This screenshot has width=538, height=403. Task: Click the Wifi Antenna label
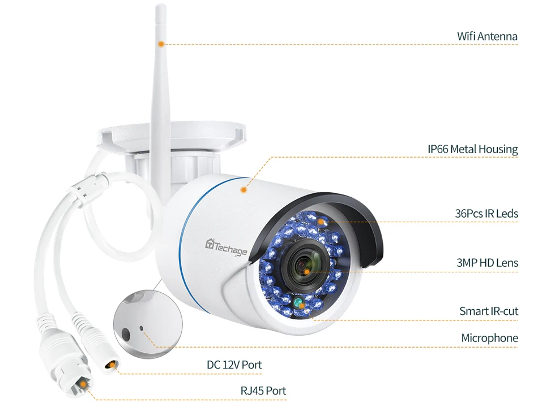[x=487, y=37]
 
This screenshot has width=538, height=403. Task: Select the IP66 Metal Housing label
[x=472, y=149]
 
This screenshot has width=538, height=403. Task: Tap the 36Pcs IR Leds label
[x=486, y=214]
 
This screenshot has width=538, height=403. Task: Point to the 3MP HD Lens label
[x=487, y=262]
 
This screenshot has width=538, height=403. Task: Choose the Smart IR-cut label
[x=488, y=311]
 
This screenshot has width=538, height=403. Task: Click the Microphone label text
[x=489, y=338]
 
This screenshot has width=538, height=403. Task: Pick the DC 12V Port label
[x=234, y=365]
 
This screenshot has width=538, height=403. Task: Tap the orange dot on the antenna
[x=161, y=44]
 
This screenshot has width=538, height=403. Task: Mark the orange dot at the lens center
[x=306, y=271]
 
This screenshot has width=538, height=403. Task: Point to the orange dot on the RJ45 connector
[x=83, y=384]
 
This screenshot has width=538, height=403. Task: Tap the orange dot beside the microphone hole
[x=148, y=333]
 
